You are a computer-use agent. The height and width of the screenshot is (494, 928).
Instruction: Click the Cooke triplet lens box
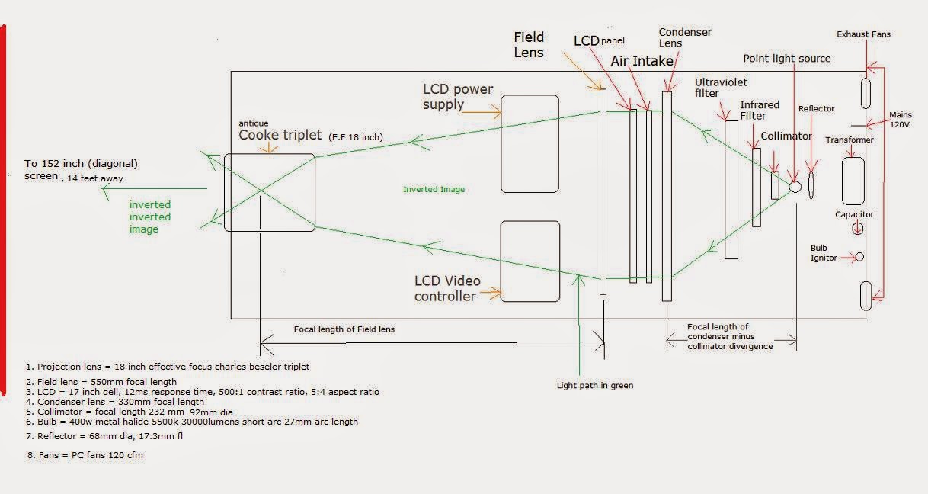(x=269, y=192)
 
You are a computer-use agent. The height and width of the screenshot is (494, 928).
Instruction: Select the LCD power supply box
(x=530, y=143)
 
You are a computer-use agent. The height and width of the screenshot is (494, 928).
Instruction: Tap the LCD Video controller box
(x=530, y=261)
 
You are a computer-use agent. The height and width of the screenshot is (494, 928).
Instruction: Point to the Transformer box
(x=853, y=181)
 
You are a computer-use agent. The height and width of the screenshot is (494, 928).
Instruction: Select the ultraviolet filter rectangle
(x=731, y=189)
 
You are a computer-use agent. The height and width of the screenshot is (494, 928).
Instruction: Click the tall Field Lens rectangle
(x=603, y=191)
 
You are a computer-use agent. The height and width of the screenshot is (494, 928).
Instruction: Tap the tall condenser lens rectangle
(x=667, y=196)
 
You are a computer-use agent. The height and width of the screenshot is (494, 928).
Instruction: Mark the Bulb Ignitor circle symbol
(x=859, y=257)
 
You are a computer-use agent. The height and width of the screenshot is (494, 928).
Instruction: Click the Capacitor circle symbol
(x=858, y=228)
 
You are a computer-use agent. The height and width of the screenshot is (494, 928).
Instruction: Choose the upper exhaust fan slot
(x=866, y=93)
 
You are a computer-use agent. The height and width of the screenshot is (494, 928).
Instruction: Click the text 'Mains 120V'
(x=901, y=120)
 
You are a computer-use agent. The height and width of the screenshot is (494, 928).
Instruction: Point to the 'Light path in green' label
(x=594, y=385)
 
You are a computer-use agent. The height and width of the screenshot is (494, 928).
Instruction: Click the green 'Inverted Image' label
(x=434, y=189)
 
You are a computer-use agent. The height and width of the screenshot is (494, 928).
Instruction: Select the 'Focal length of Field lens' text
(x=344, y=329)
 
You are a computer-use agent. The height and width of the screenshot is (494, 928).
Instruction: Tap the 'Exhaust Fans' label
(x=863, y=34)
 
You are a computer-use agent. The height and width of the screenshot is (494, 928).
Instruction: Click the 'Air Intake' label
(x=642, y=60)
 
